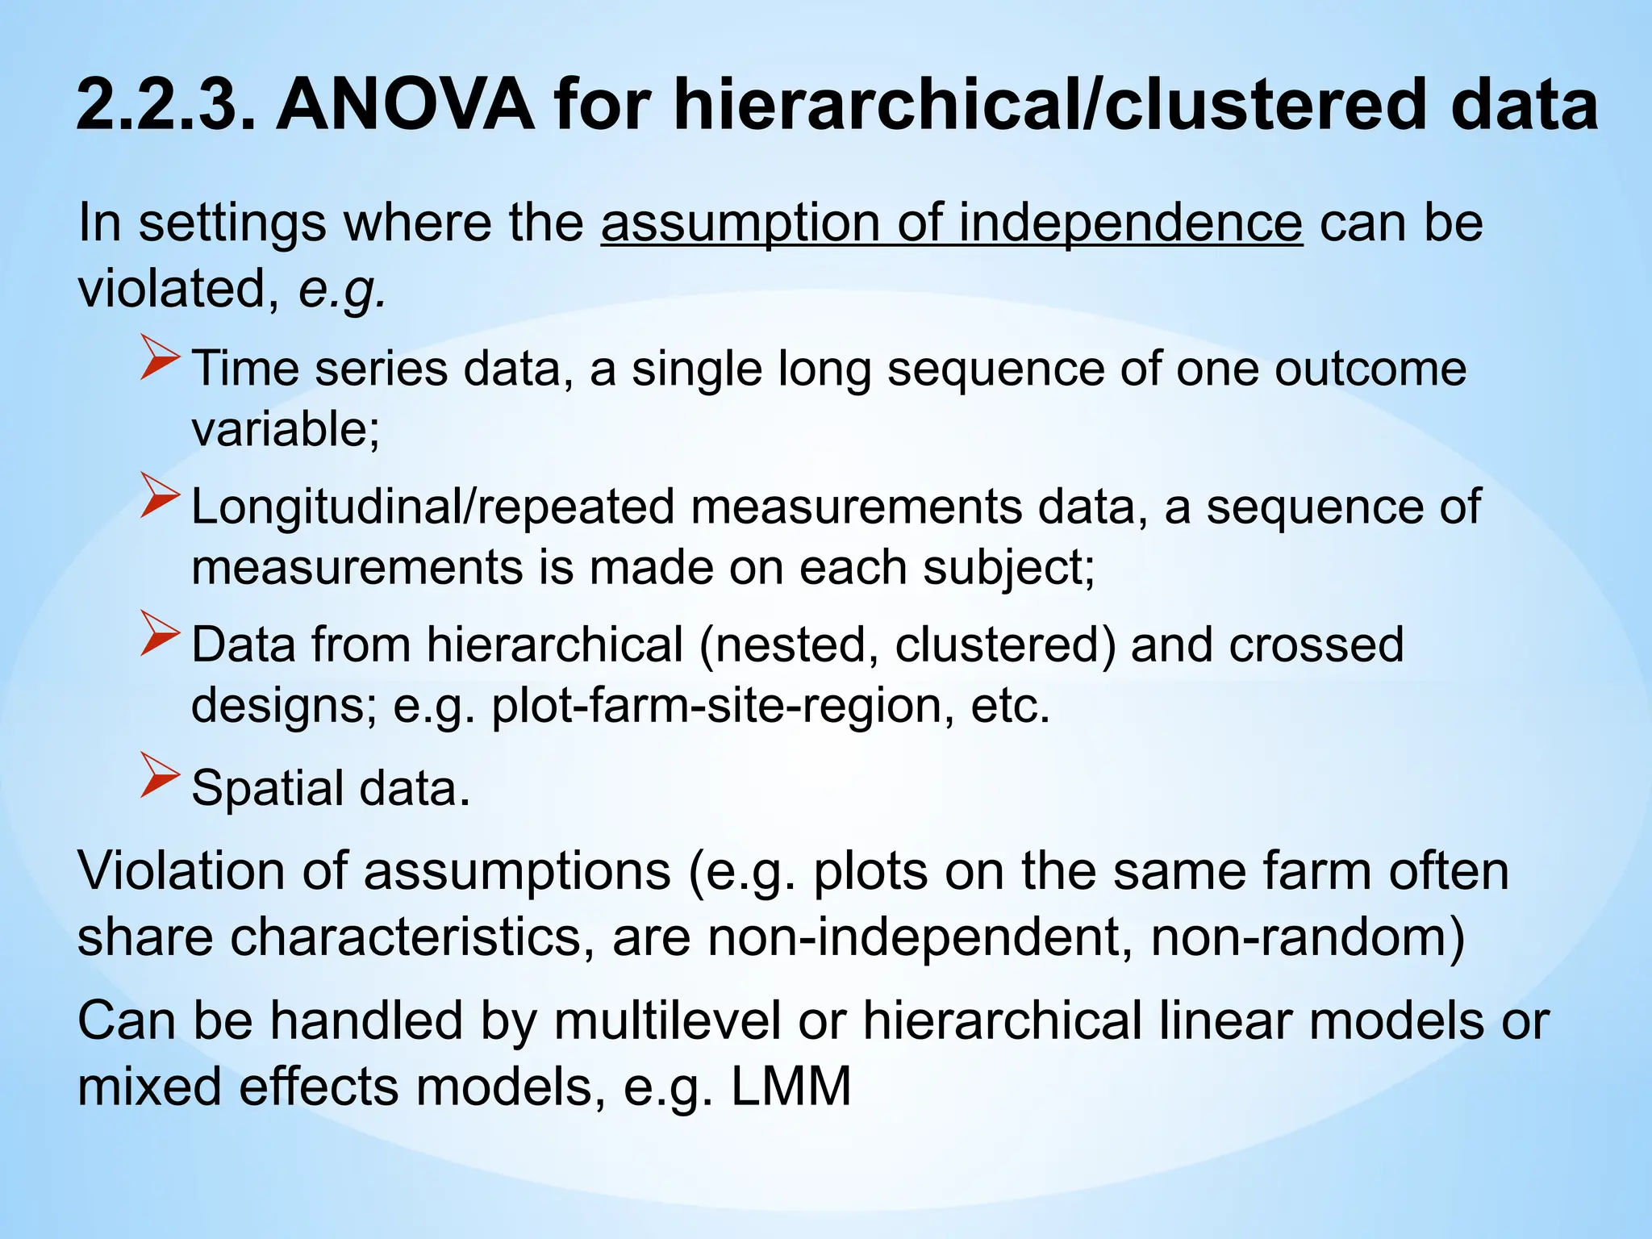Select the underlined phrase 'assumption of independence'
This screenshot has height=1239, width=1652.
click(951, 223)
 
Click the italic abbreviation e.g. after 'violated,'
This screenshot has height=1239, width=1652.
click(342, 289)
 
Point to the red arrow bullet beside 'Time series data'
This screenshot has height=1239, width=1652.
click(160, 358)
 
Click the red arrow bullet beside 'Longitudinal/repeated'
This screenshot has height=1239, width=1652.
click(160, 495)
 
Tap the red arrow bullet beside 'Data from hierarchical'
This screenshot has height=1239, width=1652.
click(160, 633)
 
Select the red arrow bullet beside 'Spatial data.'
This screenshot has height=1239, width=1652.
click(160, 775)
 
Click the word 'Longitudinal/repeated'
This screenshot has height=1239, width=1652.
click(432, 507)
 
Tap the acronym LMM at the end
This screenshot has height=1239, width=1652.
click(791, 1087)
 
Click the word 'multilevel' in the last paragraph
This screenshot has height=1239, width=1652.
click(667, 1020)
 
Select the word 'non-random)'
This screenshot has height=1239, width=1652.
click(1308, 937)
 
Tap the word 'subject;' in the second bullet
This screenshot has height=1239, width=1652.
click(1009, 567)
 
